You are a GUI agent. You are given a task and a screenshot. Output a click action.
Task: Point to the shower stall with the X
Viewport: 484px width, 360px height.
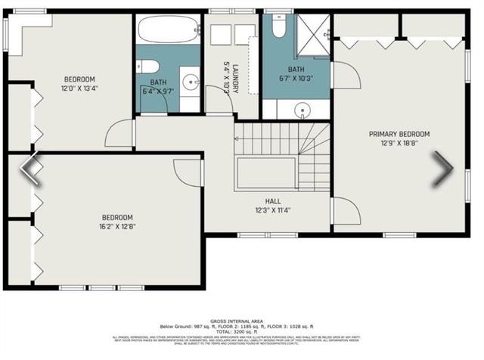[312, 35]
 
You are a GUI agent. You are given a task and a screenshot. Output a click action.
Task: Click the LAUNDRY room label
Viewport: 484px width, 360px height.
[235, 78]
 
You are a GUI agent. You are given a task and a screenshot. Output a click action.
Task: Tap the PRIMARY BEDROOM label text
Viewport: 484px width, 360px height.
[394, 134]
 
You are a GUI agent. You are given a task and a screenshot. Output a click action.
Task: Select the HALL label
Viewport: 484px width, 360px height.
[273, 201]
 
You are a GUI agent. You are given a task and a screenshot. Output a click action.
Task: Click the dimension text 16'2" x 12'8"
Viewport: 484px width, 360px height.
[118, 225]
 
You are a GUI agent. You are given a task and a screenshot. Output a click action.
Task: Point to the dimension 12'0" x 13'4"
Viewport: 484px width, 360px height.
[79, 88]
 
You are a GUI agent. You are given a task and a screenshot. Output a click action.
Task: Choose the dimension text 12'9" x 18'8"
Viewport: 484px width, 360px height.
[394, 142]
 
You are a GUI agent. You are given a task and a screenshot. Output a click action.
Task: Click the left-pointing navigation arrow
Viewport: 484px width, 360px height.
[30, 169]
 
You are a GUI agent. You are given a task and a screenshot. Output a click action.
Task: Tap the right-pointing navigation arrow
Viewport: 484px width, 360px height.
[442, 169]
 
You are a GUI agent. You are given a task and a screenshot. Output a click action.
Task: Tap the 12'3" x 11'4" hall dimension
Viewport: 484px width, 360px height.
[273, 210]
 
